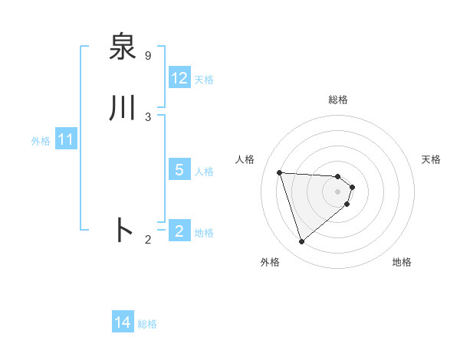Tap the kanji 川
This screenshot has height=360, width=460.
pyautogui.click(x=123, y=108)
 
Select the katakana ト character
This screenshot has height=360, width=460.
pyautogui.click(x=123, y=230)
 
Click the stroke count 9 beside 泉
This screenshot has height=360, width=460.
pyautogui.click(x=148, y=56)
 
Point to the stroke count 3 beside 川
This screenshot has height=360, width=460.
pyautogui.click(x=148, y=117)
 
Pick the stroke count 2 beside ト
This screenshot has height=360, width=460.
pyautogui.click(x=148, y=240)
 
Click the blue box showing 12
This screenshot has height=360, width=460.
pyautogui.click(x=179, y=78)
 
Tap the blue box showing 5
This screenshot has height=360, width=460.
pyautogui.click(x=179, y=170)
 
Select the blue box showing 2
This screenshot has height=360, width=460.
pyautogui.click(x=179, y=231)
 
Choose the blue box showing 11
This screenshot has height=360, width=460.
pyautogui.click(x=65, y=140)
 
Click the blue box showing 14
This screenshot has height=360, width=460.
pyautogui.click(x=123, y=323)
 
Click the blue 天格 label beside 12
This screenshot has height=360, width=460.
pyautogui.click(x=204, y=80)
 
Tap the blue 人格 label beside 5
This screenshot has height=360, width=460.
pyautogui.click(x=204, y=172)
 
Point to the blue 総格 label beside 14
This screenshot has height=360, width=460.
pyautogui.click(x=147, y=325)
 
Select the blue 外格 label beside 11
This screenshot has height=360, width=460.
pyautogui.click(x=41, y=142)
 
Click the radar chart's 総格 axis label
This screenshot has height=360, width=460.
pyautogui.click(x=338, y=100)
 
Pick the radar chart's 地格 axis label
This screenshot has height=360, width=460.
pyautogui.click(x=402, y=263)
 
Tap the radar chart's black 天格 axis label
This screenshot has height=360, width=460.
pyautogui.click(x=431, y=159)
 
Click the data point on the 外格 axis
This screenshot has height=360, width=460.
pyautogui.click(x=301, y=242)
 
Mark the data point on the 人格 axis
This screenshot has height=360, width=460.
pyautogui.click(x=280, y=172)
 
